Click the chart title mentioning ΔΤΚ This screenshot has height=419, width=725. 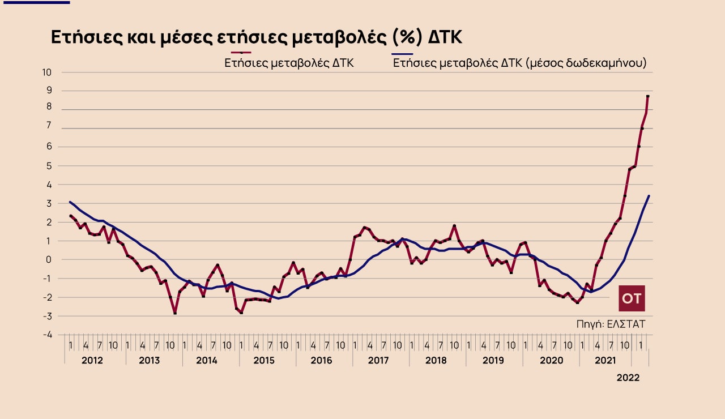[257, 37]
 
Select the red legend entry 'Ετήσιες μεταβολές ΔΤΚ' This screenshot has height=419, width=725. [289, 63]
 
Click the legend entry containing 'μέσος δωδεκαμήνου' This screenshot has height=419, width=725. [520, 63]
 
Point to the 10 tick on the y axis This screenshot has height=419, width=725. [46, 72]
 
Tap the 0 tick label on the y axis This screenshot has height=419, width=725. [49, 259]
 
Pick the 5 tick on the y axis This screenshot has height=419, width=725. [49, 166]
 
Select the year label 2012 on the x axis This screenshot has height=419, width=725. [92, 360]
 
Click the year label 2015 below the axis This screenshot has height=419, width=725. [264, 360]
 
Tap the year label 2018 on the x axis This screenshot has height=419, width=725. [436, 360]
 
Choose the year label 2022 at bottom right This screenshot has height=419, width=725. [628, 378]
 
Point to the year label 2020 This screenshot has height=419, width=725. [551, 360]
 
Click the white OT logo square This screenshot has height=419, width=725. [632, 298]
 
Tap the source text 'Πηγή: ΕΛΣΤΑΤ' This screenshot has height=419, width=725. [611, 324]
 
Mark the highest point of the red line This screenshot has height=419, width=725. [647, 96]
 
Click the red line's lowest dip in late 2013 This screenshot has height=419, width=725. [175, 313]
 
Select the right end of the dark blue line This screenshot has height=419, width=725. [649, 196]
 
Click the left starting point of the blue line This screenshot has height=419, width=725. [70, 202]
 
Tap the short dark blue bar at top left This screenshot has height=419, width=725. [35, 2]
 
